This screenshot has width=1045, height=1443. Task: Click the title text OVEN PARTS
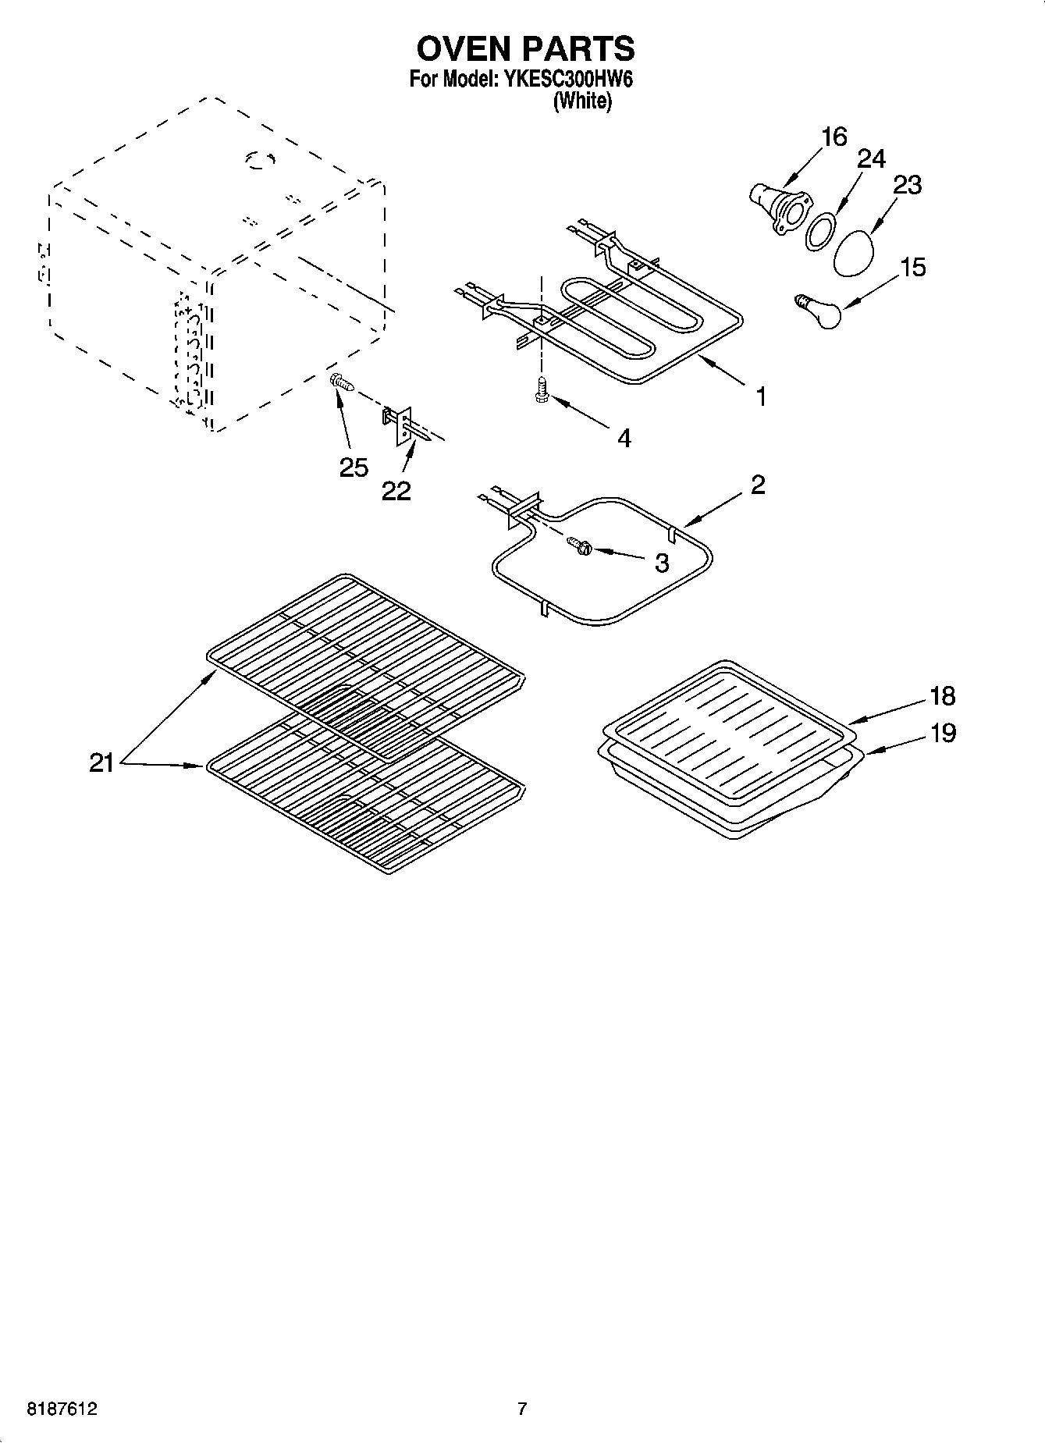coord(525,49)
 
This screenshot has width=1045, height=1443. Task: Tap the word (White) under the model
coord(582,101)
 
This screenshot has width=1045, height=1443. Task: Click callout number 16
coord(834,137)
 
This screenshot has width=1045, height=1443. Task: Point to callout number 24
coord(871,159)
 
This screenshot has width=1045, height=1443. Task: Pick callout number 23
coord(907,185)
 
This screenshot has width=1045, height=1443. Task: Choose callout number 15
coord(912,268)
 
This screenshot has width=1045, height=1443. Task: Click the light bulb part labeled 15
coord(819,312)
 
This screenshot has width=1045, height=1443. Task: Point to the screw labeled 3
coord(579,547)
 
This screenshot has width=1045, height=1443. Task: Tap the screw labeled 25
coord(342,383)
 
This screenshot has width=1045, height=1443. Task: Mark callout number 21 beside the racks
coord(101,762)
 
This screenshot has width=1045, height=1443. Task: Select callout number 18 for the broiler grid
coord(942,696)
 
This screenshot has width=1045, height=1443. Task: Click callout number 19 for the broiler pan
coord(943,734)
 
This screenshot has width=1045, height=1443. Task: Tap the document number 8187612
coord(62,1409)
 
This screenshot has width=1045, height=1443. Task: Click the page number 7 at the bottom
coord(522,1409)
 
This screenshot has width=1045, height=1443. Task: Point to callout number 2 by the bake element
coord(757,485)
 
